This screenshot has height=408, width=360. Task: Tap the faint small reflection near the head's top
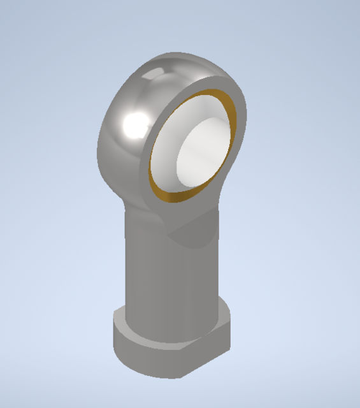[x=152, y=75]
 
